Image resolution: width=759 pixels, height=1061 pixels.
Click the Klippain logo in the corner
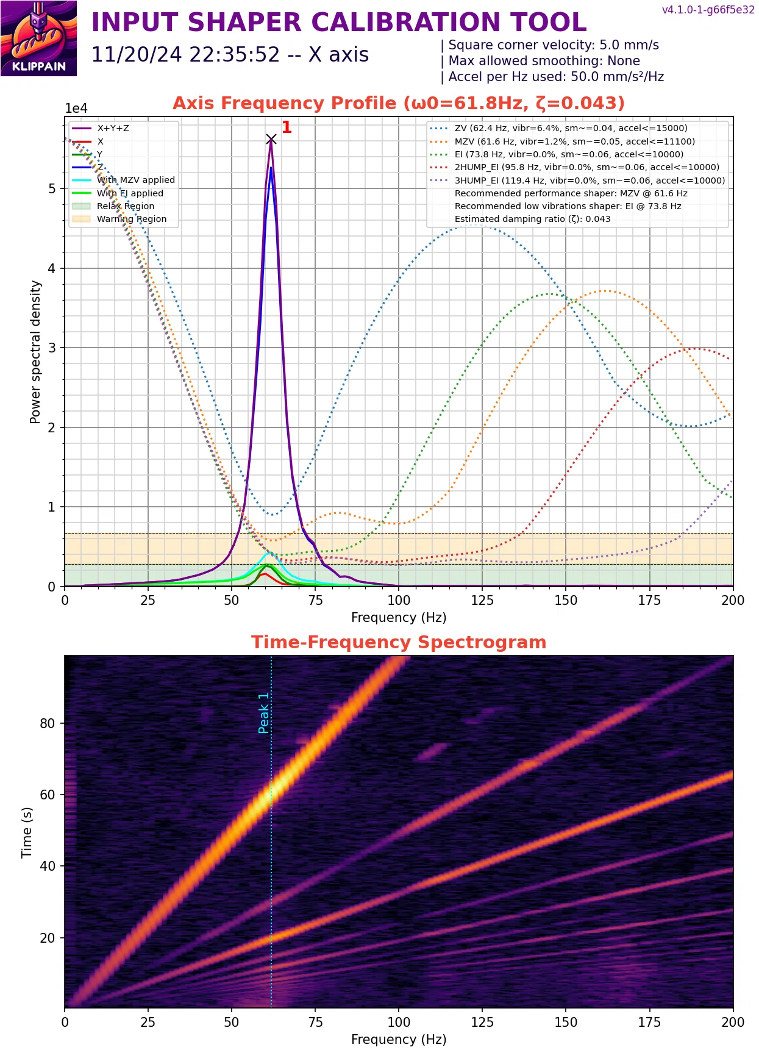point(38,38)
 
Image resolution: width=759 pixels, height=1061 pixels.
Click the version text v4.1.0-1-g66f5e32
point(708,10)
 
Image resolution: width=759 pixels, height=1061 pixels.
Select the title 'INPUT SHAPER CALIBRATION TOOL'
point(338,23)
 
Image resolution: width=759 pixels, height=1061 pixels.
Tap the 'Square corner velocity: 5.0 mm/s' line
point(553,45)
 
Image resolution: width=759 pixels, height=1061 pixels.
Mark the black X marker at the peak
point(271,140)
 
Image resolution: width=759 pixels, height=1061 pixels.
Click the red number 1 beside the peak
point(287,127)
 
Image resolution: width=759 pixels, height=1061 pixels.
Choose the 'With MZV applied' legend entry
point(135,180)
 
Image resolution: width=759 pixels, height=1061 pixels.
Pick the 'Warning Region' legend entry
point(131,219)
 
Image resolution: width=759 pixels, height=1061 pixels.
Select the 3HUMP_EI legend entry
point(589,180)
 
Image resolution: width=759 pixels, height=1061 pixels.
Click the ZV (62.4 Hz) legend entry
point(571,128)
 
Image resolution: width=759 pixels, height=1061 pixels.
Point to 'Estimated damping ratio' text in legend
point(532,219)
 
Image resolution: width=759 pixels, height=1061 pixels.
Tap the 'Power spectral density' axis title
point(35,352)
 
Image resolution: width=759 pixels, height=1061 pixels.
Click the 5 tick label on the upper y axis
point(52,188)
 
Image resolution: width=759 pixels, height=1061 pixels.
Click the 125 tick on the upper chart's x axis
point(482,601)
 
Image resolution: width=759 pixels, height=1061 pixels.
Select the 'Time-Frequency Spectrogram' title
point(399,642)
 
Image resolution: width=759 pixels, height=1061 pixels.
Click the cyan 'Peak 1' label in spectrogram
point(263,713)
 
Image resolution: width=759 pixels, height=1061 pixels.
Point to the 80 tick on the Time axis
point(48,723)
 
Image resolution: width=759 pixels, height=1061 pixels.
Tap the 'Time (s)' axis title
point(27,832)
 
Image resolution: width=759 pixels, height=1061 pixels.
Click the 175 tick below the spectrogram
point(649,1023)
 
